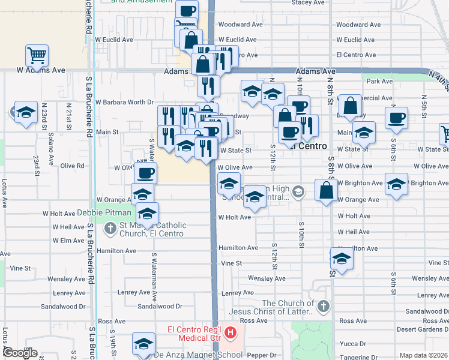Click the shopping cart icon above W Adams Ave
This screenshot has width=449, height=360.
click(x=37, y=56)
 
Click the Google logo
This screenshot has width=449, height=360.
click(x=19, y=353)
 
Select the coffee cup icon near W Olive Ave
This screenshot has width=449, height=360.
click(x=145, y=173)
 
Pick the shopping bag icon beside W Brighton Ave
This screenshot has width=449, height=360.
click(x=325, y=191)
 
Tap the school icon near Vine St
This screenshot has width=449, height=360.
click(x=342, y=259)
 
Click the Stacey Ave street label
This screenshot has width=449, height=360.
click(x=309, y=3)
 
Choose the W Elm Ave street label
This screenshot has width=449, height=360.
click(x=68, y=241)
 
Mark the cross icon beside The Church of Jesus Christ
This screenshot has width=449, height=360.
click(x=323, y=307)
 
